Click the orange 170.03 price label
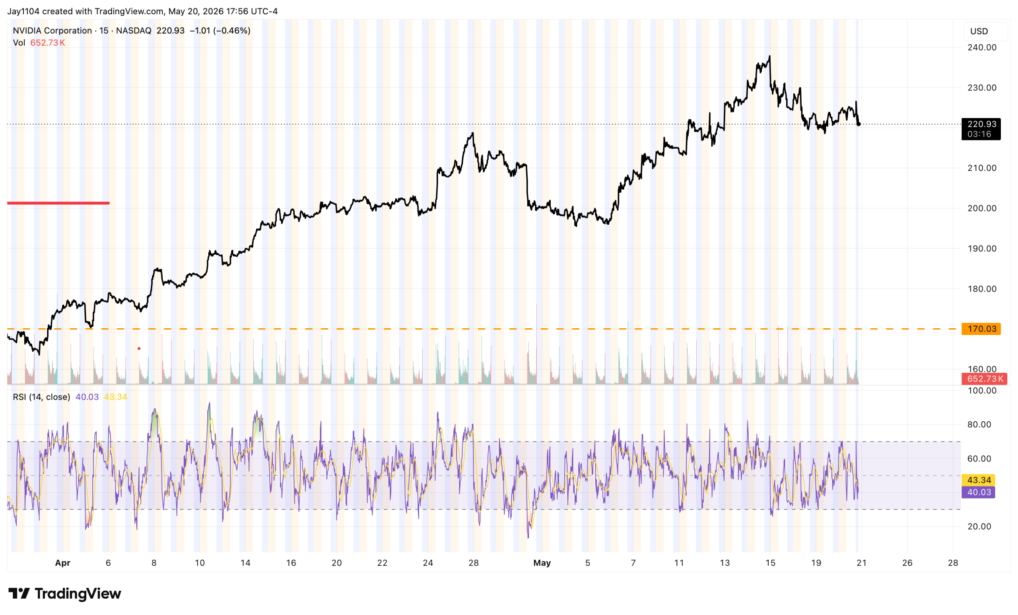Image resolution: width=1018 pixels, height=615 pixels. coord(981,329)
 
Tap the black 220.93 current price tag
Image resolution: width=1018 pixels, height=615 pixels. coord(981,129)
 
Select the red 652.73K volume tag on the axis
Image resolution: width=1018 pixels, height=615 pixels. coord(984,379)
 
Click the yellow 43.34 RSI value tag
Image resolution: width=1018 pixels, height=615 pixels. coord(978,480)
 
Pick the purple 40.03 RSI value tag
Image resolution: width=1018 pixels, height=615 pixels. coord(978,492)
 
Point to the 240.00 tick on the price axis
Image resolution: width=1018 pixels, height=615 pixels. coord(982,47)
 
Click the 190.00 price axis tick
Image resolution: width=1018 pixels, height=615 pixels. coord(982,248)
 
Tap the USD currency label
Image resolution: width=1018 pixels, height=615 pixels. coord(979,31)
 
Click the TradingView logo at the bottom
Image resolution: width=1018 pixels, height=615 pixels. coord(65,594)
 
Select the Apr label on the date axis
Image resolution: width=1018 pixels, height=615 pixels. coord(63,563)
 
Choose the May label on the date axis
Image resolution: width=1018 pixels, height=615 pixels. coord(542,563)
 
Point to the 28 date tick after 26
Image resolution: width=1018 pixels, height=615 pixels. coord(953,563)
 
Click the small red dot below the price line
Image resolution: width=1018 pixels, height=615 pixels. coord(139,349)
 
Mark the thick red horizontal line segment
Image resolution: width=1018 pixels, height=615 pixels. coord(58,203)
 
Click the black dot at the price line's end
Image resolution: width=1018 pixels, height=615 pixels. coord(859,124)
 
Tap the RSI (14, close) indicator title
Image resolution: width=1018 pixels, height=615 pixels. coord(41,397)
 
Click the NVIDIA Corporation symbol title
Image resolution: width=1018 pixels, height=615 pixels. coord(52,31)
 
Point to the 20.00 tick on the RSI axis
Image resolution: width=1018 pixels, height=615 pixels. coord(979,527)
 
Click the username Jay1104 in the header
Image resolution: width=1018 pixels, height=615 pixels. coord(23,12)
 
